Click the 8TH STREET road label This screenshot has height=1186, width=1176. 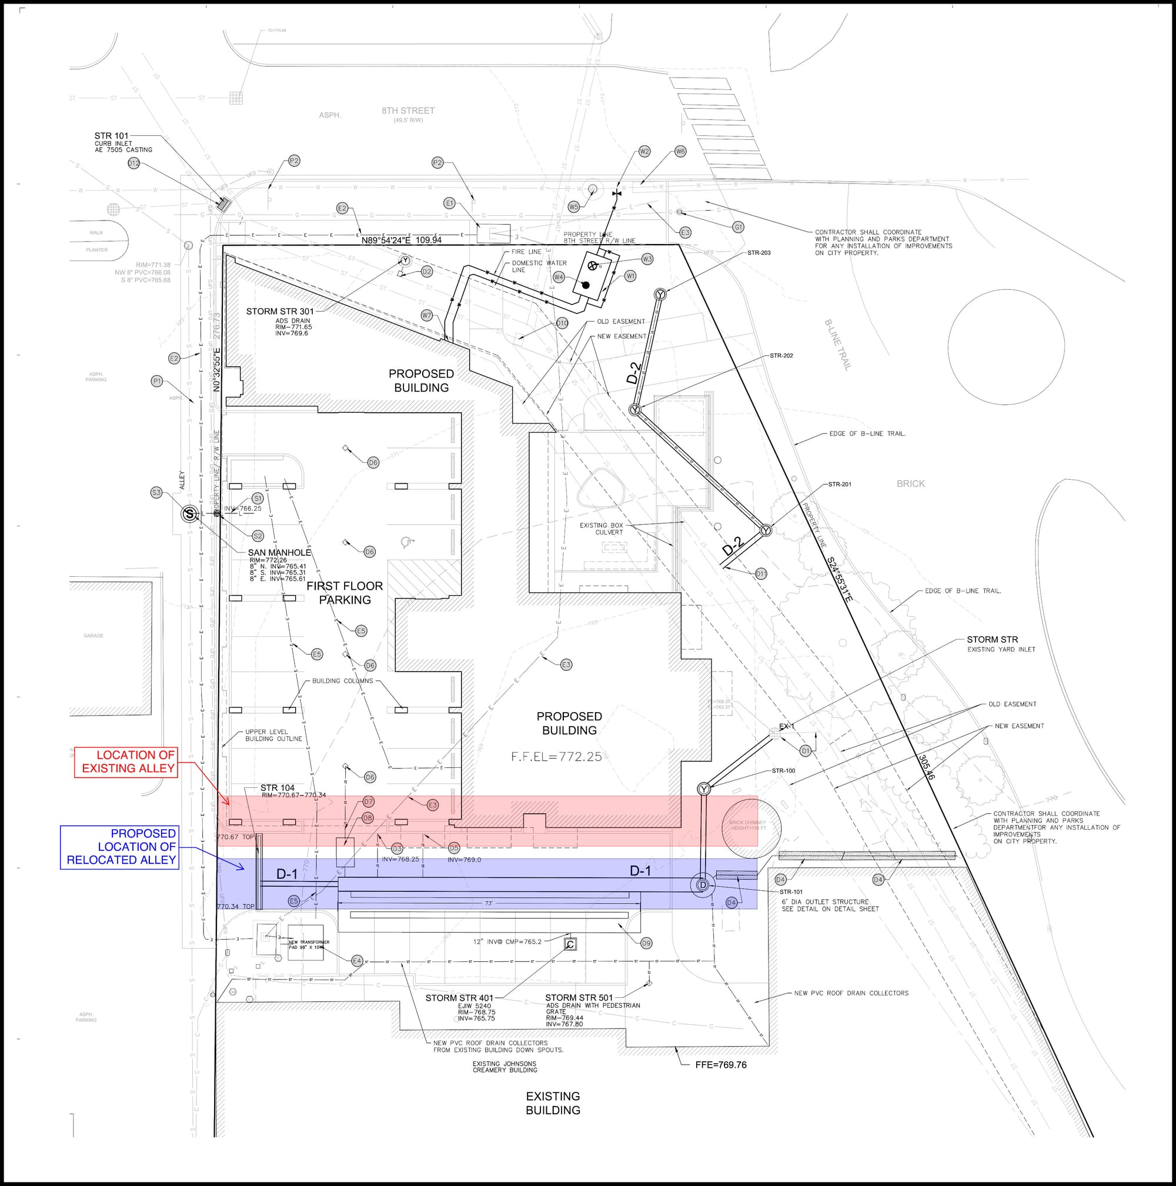(408, 111)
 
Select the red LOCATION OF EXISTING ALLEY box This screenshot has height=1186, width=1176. (126, 762)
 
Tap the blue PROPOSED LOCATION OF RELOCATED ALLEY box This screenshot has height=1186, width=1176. (120, 847)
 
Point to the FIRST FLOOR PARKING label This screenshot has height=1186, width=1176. (345, 592)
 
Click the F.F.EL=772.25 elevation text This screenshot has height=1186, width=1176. (556, 757)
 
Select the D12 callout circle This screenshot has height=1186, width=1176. (134, 163)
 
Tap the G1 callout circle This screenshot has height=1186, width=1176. (739, 227)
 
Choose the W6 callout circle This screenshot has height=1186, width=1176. (680, 151)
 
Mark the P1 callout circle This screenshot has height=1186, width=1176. (157, 381)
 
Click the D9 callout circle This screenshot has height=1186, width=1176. (646, 943)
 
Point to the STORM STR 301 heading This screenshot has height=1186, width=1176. (280, 311)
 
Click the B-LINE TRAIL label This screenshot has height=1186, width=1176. (838, 345)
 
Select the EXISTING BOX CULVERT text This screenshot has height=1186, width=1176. (602, 529)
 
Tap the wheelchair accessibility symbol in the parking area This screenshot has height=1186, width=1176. (406, 542)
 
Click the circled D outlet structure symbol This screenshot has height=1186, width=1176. (703, 884)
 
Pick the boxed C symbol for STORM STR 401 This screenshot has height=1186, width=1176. (570, 944)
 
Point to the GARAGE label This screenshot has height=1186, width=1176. (93, 636)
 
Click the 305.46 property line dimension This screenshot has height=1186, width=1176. (926, 767)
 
